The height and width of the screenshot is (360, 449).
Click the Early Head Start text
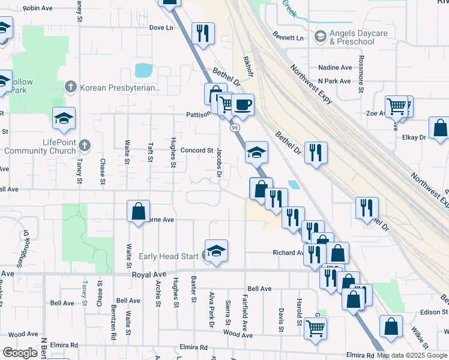tap(169, 256)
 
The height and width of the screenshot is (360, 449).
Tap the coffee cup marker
tap(243, 105)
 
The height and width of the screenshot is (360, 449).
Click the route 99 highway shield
tap(234, 128)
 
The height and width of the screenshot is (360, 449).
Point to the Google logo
tap(19, 353)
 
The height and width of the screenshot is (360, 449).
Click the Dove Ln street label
tap(161, 28)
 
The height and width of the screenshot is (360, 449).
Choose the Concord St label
tap(197, 151)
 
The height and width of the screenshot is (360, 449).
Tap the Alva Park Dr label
tap(211, 310)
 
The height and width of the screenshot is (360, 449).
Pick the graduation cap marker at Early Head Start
tap(216, 250)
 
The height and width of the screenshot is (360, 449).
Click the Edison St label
tap(434, 312)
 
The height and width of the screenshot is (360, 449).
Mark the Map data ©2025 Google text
tap(412, 355)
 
